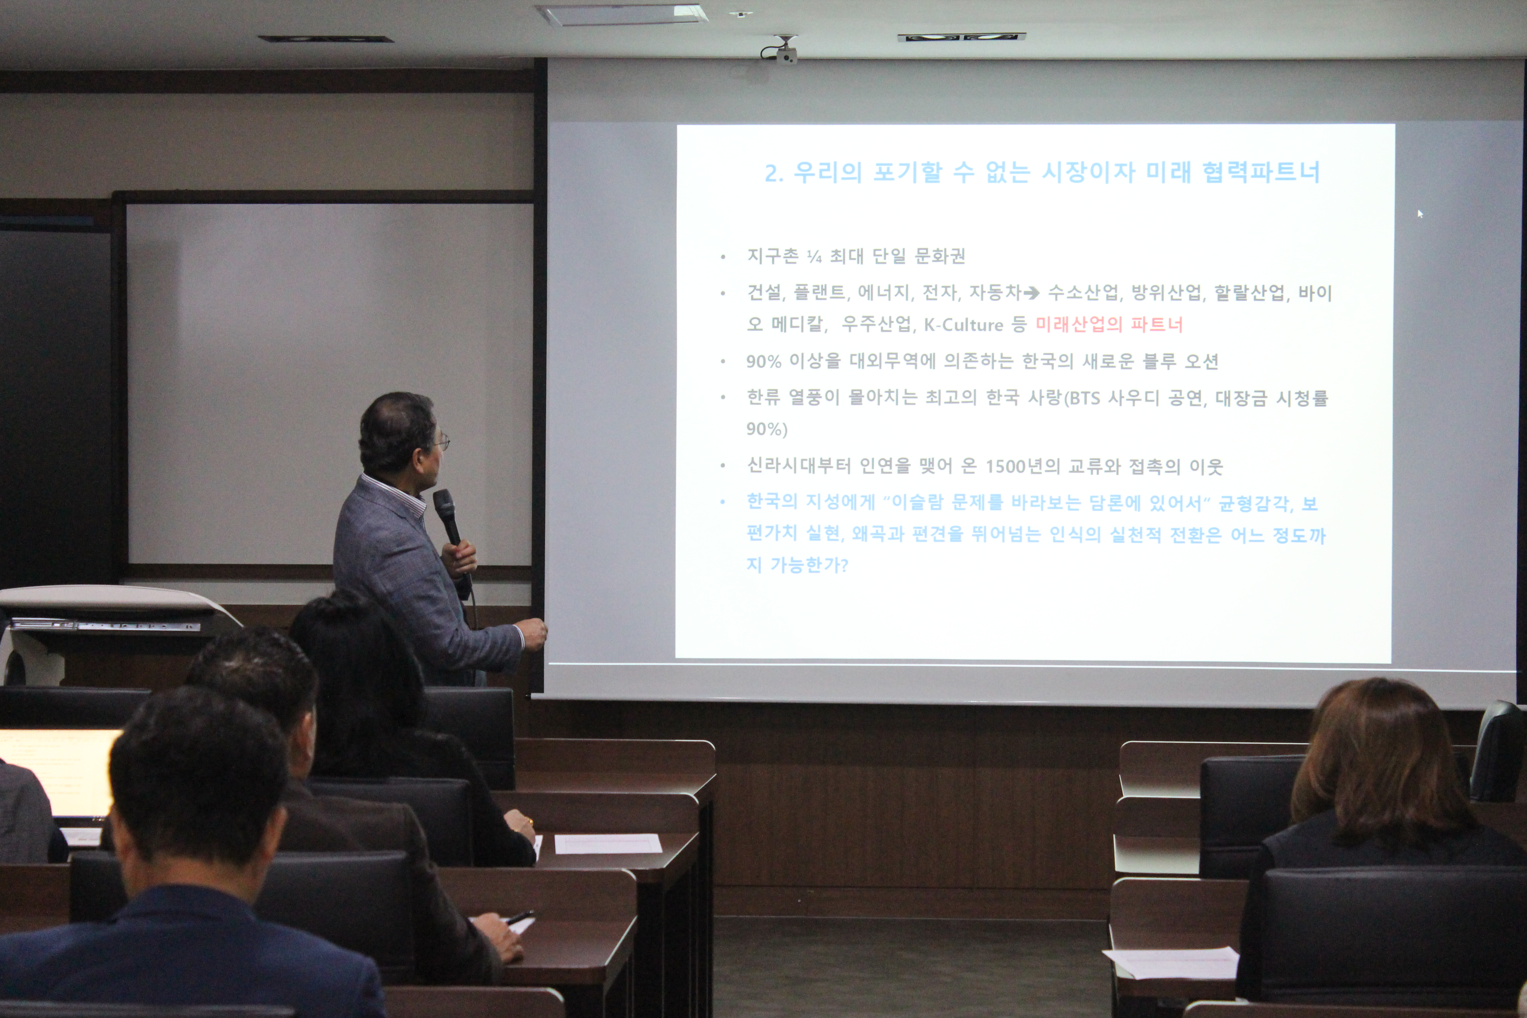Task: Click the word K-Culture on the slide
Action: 964,325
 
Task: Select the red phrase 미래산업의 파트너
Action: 1109,324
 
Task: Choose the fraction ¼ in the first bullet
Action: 814,257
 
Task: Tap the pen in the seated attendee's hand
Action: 520,917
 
